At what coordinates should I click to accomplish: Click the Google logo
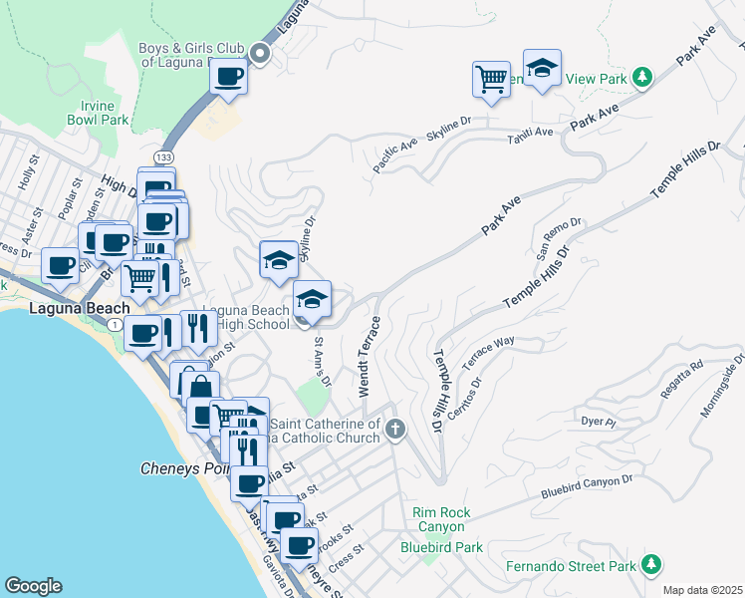point(33,586)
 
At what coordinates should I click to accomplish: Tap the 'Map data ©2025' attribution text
point(703,590)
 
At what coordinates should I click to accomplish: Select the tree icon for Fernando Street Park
point(651,566)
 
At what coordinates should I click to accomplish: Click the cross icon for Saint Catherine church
point(395,431)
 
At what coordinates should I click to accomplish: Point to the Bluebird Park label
point(441,547)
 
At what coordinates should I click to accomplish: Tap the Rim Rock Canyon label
point(439,519)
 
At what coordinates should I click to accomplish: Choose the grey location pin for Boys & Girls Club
point(261,54)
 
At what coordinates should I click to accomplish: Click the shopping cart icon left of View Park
point(491,79)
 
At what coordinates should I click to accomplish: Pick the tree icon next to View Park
point(643,77)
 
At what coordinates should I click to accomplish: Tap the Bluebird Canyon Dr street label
point(588,486)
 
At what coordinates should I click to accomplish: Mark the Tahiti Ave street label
point(530,133)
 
